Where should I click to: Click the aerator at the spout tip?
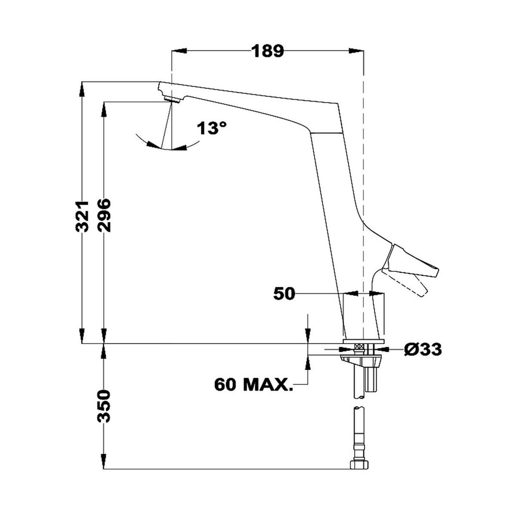tap(172, 100)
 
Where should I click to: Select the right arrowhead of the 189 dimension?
tap(356, 51)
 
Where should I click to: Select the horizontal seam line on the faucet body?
tap(327, 133)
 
